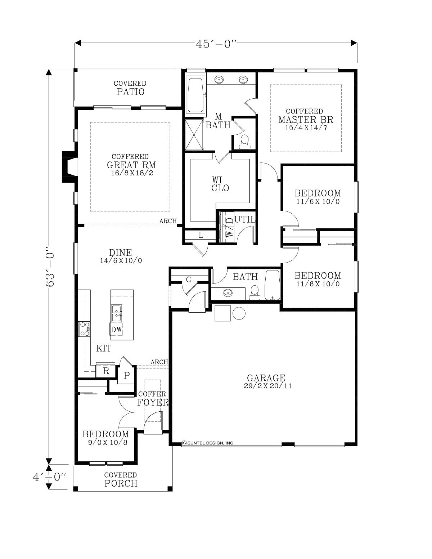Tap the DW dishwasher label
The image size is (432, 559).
(x=116, y=330)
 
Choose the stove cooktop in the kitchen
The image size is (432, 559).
(x=84, y=329)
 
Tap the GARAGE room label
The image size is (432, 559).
(x=266, y=377)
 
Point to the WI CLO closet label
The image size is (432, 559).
(x=220, y=184)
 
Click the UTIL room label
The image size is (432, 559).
(x=245, y=219)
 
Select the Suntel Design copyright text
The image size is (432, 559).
(x=208, y=443)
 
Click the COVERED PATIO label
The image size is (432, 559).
(x=130, y=88)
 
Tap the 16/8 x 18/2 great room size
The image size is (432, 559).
(x=132, y=173)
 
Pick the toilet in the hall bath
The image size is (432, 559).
(x=254, y=292)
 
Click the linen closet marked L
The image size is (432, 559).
(x=201, y=235)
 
